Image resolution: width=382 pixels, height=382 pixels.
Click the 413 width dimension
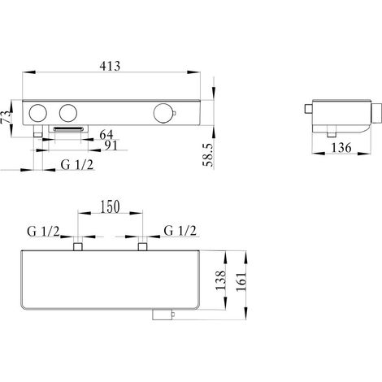tap(110, 66)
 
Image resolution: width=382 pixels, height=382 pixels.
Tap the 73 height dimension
tap(7, 116)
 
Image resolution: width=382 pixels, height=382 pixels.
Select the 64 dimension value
tap(106, 134)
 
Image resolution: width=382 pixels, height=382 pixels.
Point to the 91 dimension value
tap(111, 145)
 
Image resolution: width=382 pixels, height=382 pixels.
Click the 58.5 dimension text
tap(208, 154)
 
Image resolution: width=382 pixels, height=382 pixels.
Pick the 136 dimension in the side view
tap(341, 148)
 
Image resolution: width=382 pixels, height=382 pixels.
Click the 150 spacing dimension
tap(110, 206)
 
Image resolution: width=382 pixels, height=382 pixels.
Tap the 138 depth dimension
tap(220, 280)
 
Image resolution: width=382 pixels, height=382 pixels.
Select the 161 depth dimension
tap(241, 281)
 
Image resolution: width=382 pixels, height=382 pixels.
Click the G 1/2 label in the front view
tap(77, 164)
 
